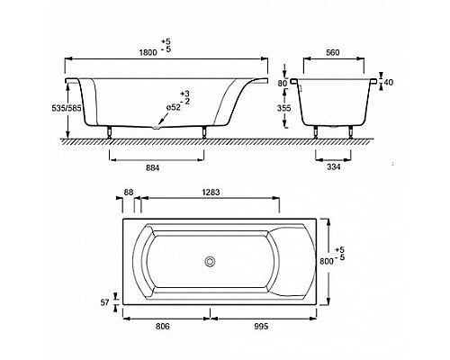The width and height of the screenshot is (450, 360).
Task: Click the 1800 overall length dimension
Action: click(148, 52)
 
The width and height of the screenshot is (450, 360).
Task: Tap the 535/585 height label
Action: click(67, 108)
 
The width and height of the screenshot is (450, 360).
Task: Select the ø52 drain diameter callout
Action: click(174, 107)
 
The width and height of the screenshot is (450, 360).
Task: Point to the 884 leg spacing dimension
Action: click(152, 168)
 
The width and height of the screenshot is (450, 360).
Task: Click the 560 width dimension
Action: click(333, 52)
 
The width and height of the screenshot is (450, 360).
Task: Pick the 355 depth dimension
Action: click(283, 108)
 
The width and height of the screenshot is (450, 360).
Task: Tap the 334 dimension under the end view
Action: click(333, 166)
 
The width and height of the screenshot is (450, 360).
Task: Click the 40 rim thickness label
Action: click(388, 82)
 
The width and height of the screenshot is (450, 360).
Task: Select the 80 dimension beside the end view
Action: click(283, 83)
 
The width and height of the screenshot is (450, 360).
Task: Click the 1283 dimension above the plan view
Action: click(211, 192)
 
